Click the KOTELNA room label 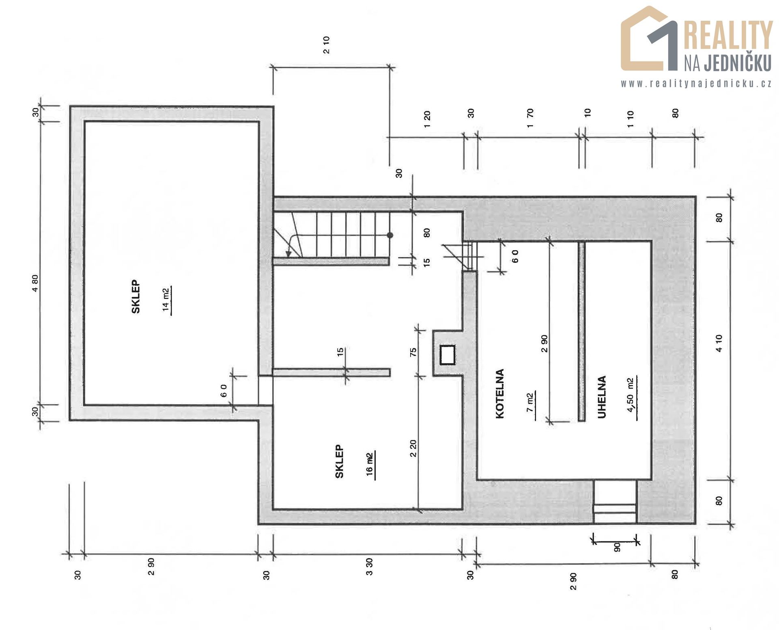(x=500, y=393)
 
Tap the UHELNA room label (x=602, y=396)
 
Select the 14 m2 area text (x=166, y=299)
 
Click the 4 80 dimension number (x=35, y=283)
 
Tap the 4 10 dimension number (x=719, y=343)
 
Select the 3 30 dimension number (x=369, y=566)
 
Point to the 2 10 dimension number (x=327, y=45)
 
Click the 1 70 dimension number (x=530, y=118)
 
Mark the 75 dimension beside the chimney (x=413, y=352)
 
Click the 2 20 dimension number (x=413, y=448)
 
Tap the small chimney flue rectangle (x=448, y=354)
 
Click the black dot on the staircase (x=390, y=235)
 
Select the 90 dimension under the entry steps (x=617, y=547)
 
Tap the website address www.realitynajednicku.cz (x=696, y=84)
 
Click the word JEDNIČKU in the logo (x=737, y=63)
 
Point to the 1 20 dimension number (x=427, y=119)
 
